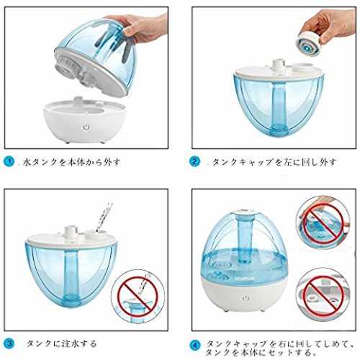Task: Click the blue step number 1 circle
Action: (x=9, y=161)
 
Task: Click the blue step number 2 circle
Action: (x=194, y=161)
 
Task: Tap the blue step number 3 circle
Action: (x=9, y=343)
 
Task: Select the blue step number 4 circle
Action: (x=195, y=346)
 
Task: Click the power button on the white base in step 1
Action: (x=86, y=127)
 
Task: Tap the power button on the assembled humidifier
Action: (x=246, y=298)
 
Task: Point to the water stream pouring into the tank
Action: (x=104, y=217)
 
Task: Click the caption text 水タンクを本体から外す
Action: (x=71, y=162)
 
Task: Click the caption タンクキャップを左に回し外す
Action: (x=274, y=162)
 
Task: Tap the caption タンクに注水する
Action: (x=61, y=343)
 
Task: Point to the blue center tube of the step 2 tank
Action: (x=279, y=107)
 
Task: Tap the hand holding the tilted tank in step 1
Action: (x=142, y=27)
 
